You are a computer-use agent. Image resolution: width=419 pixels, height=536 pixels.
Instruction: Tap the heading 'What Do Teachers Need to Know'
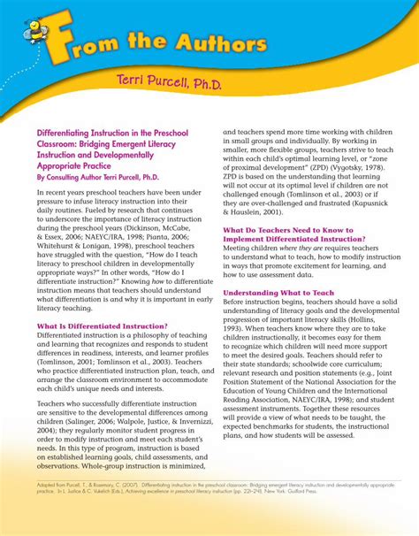click(287, 230)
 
